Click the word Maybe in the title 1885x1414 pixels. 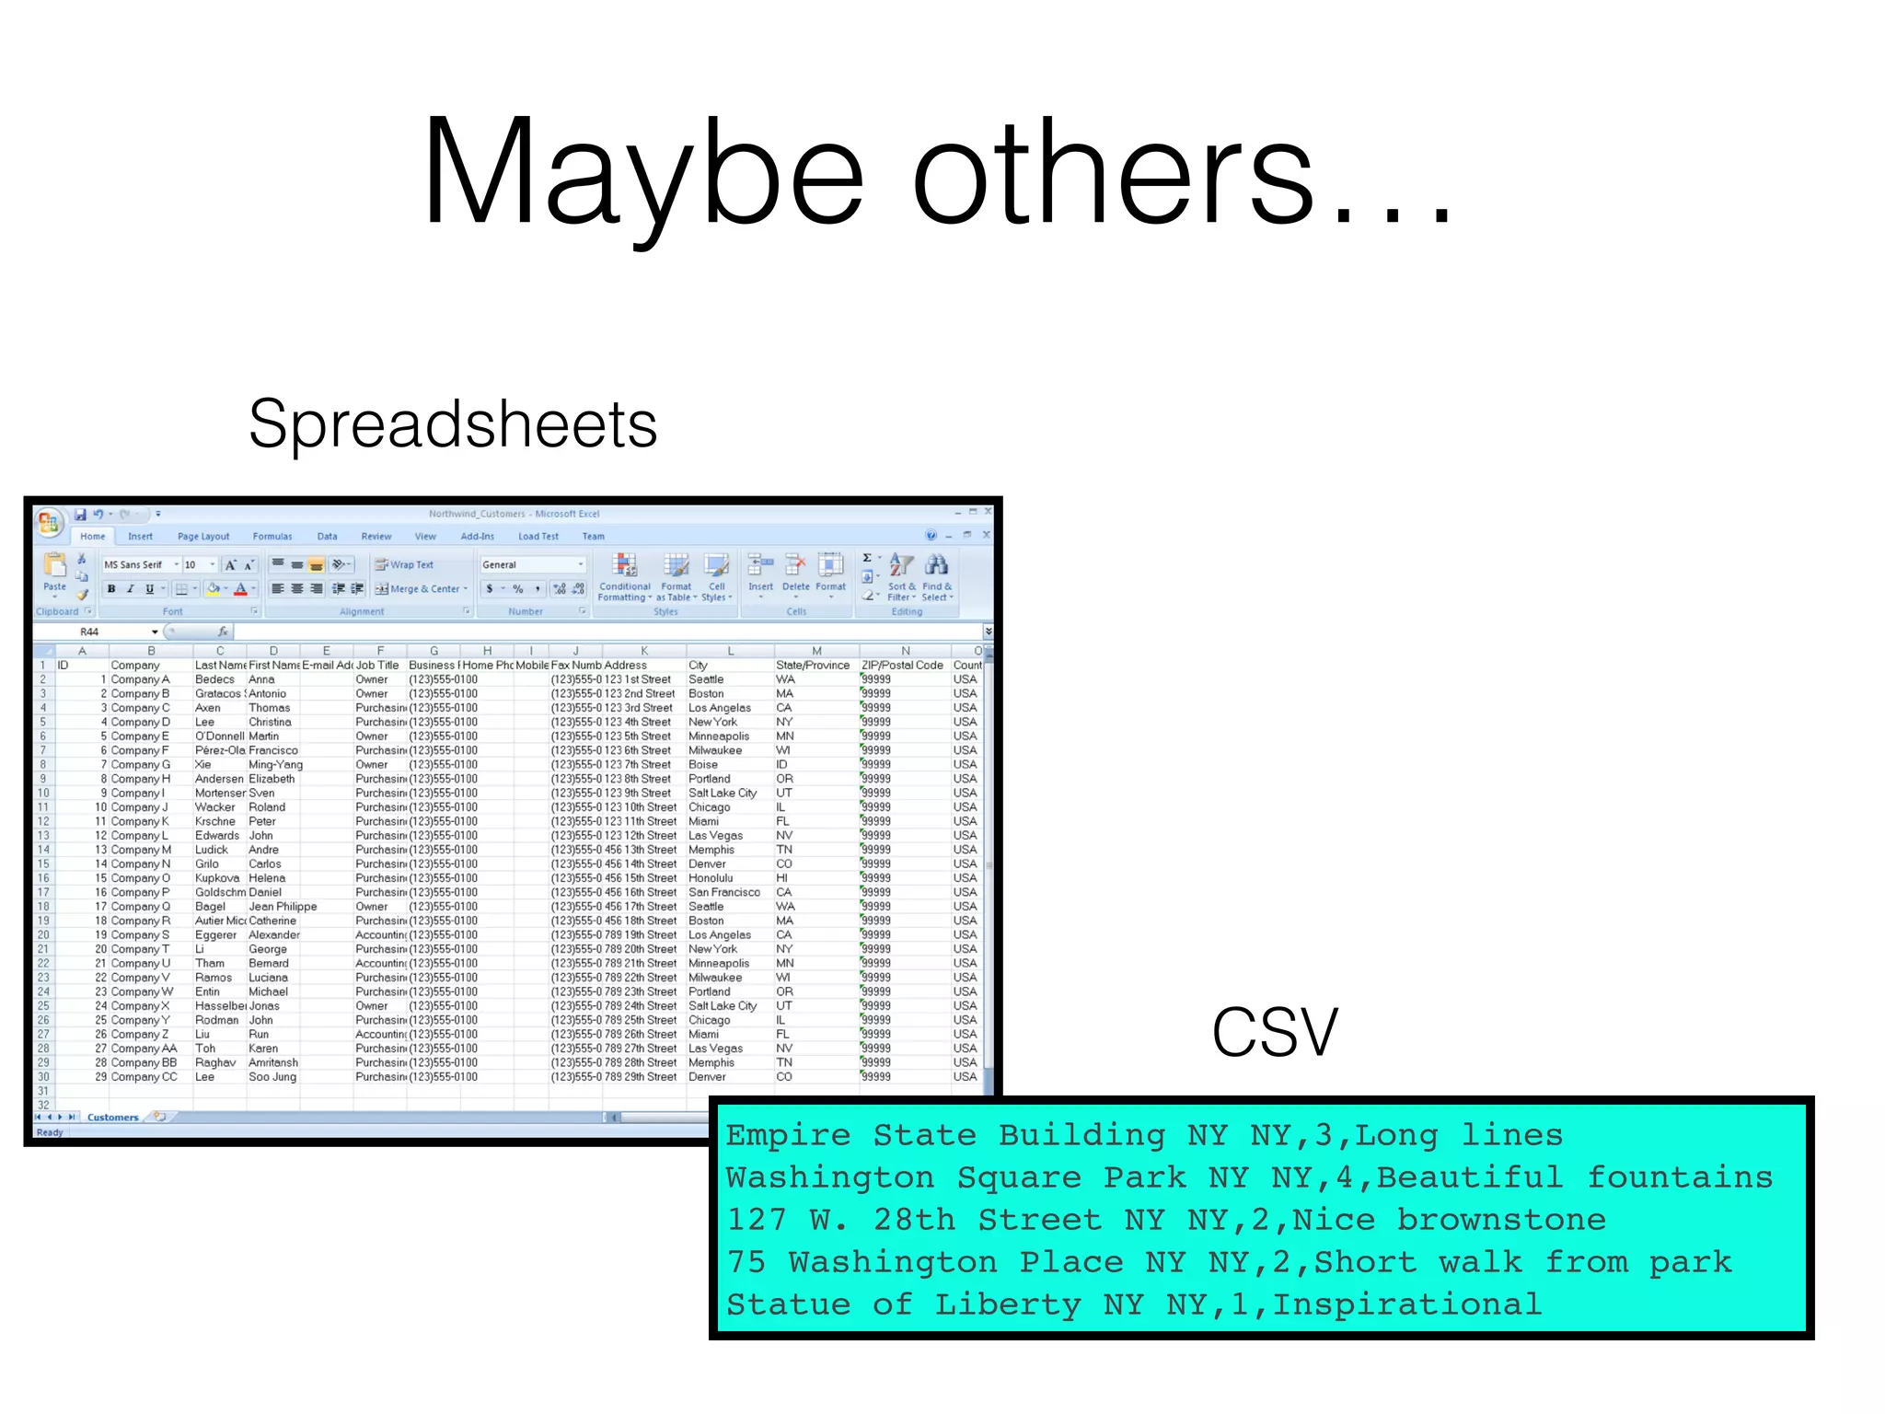coord(642,175)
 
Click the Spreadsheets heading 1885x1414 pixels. coord(453,424)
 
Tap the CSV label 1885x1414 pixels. coord(1274,1032)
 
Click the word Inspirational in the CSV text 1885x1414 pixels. coord(1405,1304)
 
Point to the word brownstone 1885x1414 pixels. coord(1501,1220)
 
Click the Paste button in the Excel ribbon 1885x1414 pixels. coord(55,573)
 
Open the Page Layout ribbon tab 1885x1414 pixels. coord(203,537)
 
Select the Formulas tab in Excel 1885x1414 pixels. coord(272,537)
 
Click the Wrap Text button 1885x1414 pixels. coord(404,565)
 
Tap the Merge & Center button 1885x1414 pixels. coord(422,589)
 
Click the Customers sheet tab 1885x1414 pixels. coord(112,1118)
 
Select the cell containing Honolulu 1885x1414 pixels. coord(711,878)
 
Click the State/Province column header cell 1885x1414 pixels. coord(813,666)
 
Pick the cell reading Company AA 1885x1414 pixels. coord(144,1049)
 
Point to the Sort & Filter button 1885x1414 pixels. coord(901,578)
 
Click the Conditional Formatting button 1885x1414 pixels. coord(625,578)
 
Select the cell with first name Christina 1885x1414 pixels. coord(270,722)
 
